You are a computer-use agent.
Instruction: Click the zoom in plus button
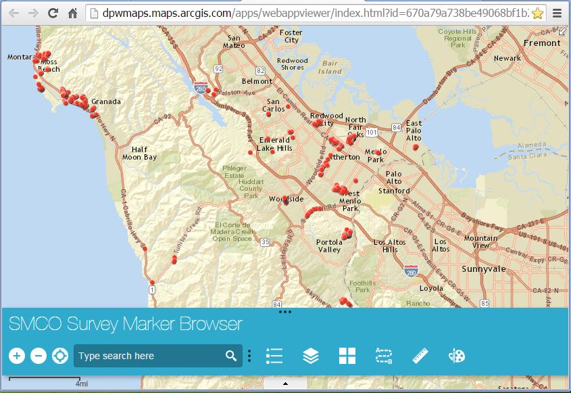coord(18,356)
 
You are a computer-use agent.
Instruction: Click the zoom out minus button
coord(39,356)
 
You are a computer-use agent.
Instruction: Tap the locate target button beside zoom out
coord(60,356)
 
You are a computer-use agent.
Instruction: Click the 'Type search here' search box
coord(149,356)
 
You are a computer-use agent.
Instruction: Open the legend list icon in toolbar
coord(274,356)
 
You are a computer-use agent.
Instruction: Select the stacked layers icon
coord(311,356)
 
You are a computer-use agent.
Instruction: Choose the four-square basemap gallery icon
coord(347,356)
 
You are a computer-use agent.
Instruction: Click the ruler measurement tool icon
coord(420,356)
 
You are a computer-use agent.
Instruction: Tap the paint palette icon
coord(457,356)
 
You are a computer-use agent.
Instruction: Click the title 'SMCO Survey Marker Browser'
coord(126,323)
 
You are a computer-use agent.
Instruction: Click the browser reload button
coord(53,13)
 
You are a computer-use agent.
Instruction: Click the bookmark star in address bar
coord(537,13)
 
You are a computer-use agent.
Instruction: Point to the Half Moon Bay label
coord(139,154)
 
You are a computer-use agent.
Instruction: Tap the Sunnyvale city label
coord(483,269)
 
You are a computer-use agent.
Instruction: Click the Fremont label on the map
coord(542,43)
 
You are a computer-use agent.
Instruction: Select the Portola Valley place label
coord(330,246)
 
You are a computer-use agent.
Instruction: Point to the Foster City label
coord(291,36)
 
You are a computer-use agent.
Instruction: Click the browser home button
coord(72,13)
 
